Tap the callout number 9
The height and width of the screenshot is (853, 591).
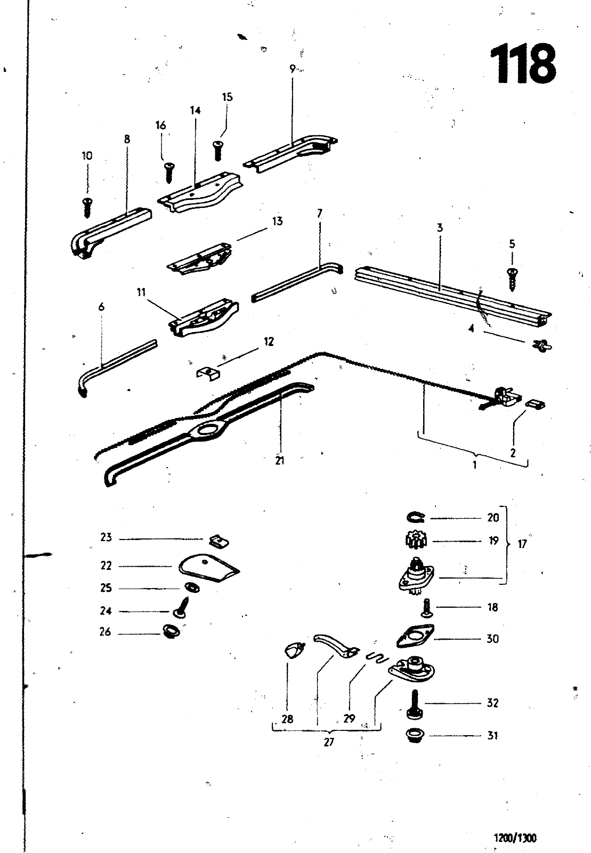tap(292, 69)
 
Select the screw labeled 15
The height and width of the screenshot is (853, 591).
tap(217, 150)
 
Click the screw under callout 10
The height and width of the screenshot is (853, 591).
tap(87, 207)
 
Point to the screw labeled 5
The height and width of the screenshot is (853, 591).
tap(512, 280)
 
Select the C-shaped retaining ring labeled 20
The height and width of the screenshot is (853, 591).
tap(416, 517)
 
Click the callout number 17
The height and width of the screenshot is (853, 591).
tap(522, 544)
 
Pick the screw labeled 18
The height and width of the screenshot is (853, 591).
tap(426, 608)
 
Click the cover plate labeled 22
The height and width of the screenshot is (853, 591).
tap(208, 568)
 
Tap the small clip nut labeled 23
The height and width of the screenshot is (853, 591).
tap(220, 541)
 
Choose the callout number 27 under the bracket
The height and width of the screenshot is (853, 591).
tap(328, 742)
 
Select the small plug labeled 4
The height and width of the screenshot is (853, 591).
tap(542, 345)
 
